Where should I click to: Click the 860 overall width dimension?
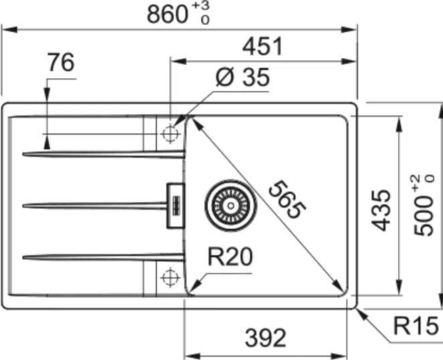pos(167,15)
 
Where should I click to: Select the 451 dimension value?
pos(262,46)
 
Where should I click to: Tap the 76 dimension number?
pos(61,62)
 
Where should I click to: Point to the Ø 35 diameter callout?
pos(242,77)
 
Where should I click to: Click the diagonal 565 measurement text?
pos(287,199)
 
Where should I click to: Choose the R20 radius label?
pos(230,257)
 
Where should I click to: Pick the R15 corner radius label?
pos(416,326)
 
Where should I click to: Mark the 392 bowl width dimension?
pos(266,338)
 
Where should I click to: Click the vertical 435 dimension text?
pos(381,210)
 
